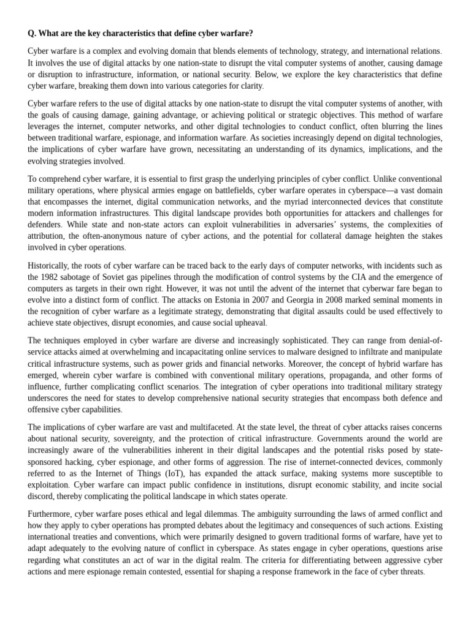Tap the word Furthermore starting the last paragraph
click(x=53, y=513)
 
